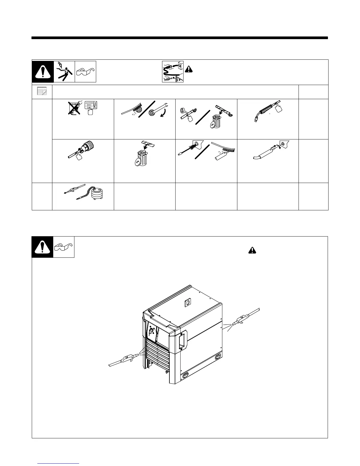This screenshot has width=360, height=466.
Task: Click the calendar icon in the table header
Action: (x=42, y=91)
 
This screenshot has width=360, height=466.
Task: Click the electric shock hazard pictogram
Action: (x=64, y=71)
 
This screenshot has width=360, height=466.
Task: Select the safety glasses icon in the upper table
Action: (x=85, y=72)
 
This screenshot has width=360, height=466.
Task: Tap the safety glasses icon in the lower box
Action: (x=64, y=247)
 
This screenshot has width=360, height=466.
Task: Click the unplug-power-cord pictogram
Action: (x=173, y=71)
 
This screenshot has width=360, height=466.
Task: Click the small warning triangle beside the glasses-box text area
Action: (x=252, y=250)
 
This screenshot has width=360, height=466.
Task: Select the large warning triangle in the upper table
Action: (x=43, y=72)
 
